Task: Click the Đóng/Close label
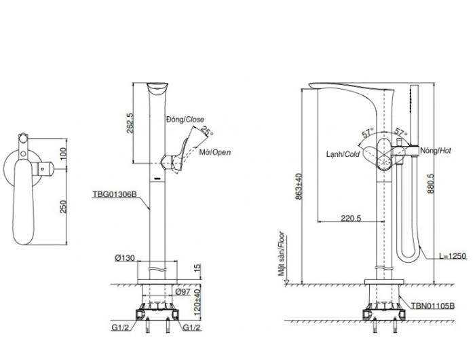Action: point(184,119)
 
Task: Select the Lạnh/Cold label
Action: point(343,154)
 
